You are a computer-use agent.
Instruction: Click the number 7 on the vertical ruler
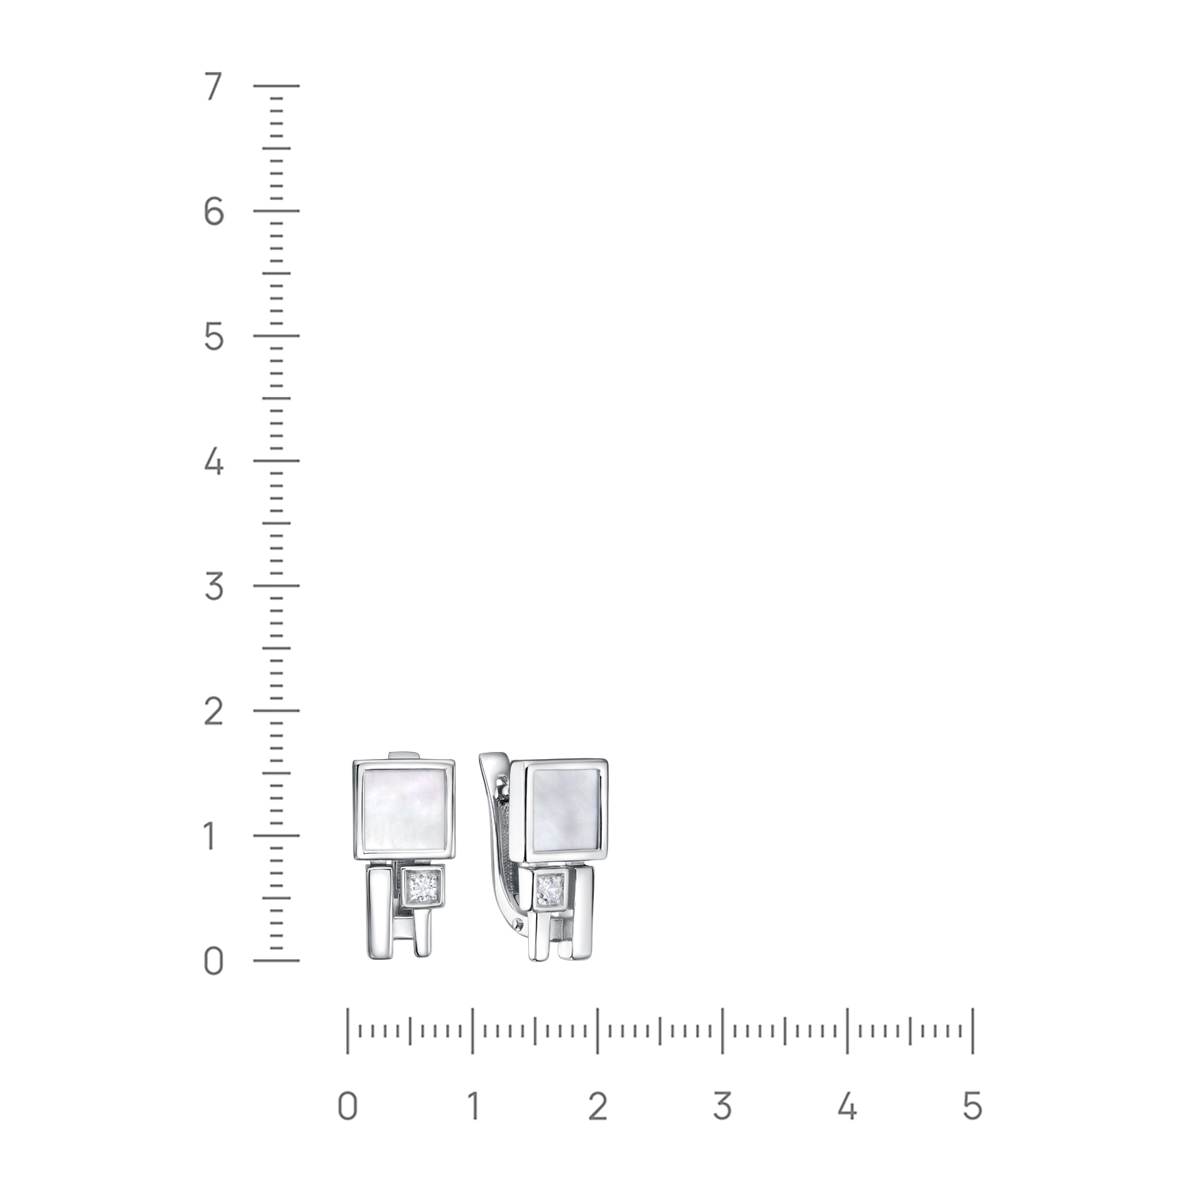click(x=213, y=87)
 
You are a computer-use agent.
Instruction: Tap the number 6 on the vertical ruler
click(x=213, y=212)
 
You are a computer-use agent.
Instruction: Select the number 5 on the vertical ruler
click(x=213, y=337)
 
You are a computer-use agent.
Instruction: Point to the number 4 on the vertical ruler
click(x=213, y=462)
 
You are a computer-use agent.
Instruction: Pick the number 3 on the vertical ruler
click(x=213, y=587)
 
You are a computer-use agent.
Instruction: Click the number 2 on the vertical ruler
click(x=213, y=712)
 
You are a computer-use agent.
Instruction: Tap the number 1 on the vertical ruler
click(x=211, y=837)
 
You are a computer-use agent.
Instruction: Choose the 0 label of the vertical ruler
click(x=213, y=961)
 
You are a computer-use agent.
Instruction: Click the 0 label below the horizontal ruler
click(x=347, y=1106)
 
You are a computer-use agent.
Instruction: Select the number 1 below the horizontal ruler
click(x=472, y=1106)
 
